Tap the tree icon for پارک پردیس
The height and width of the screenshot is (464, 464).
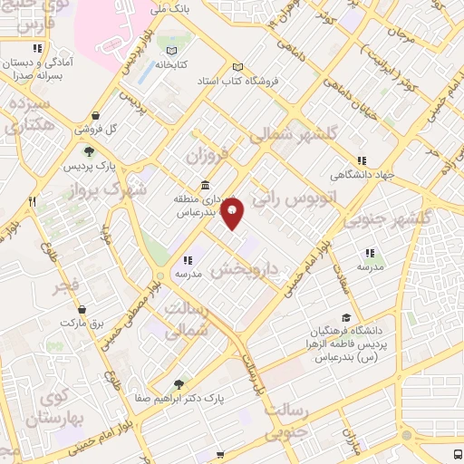click(89, 151)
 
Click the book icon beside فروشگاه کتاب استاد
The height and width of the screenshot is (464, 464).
click(238, 67)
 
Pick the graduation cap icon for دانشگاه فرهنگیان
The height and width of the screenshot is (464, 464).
click(345, 317)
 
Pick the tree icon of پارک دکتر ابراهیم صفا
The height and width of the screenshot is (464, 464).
click(179, 383)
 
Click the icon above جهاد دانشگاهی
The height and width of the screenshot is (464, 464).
click(362, 161)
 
